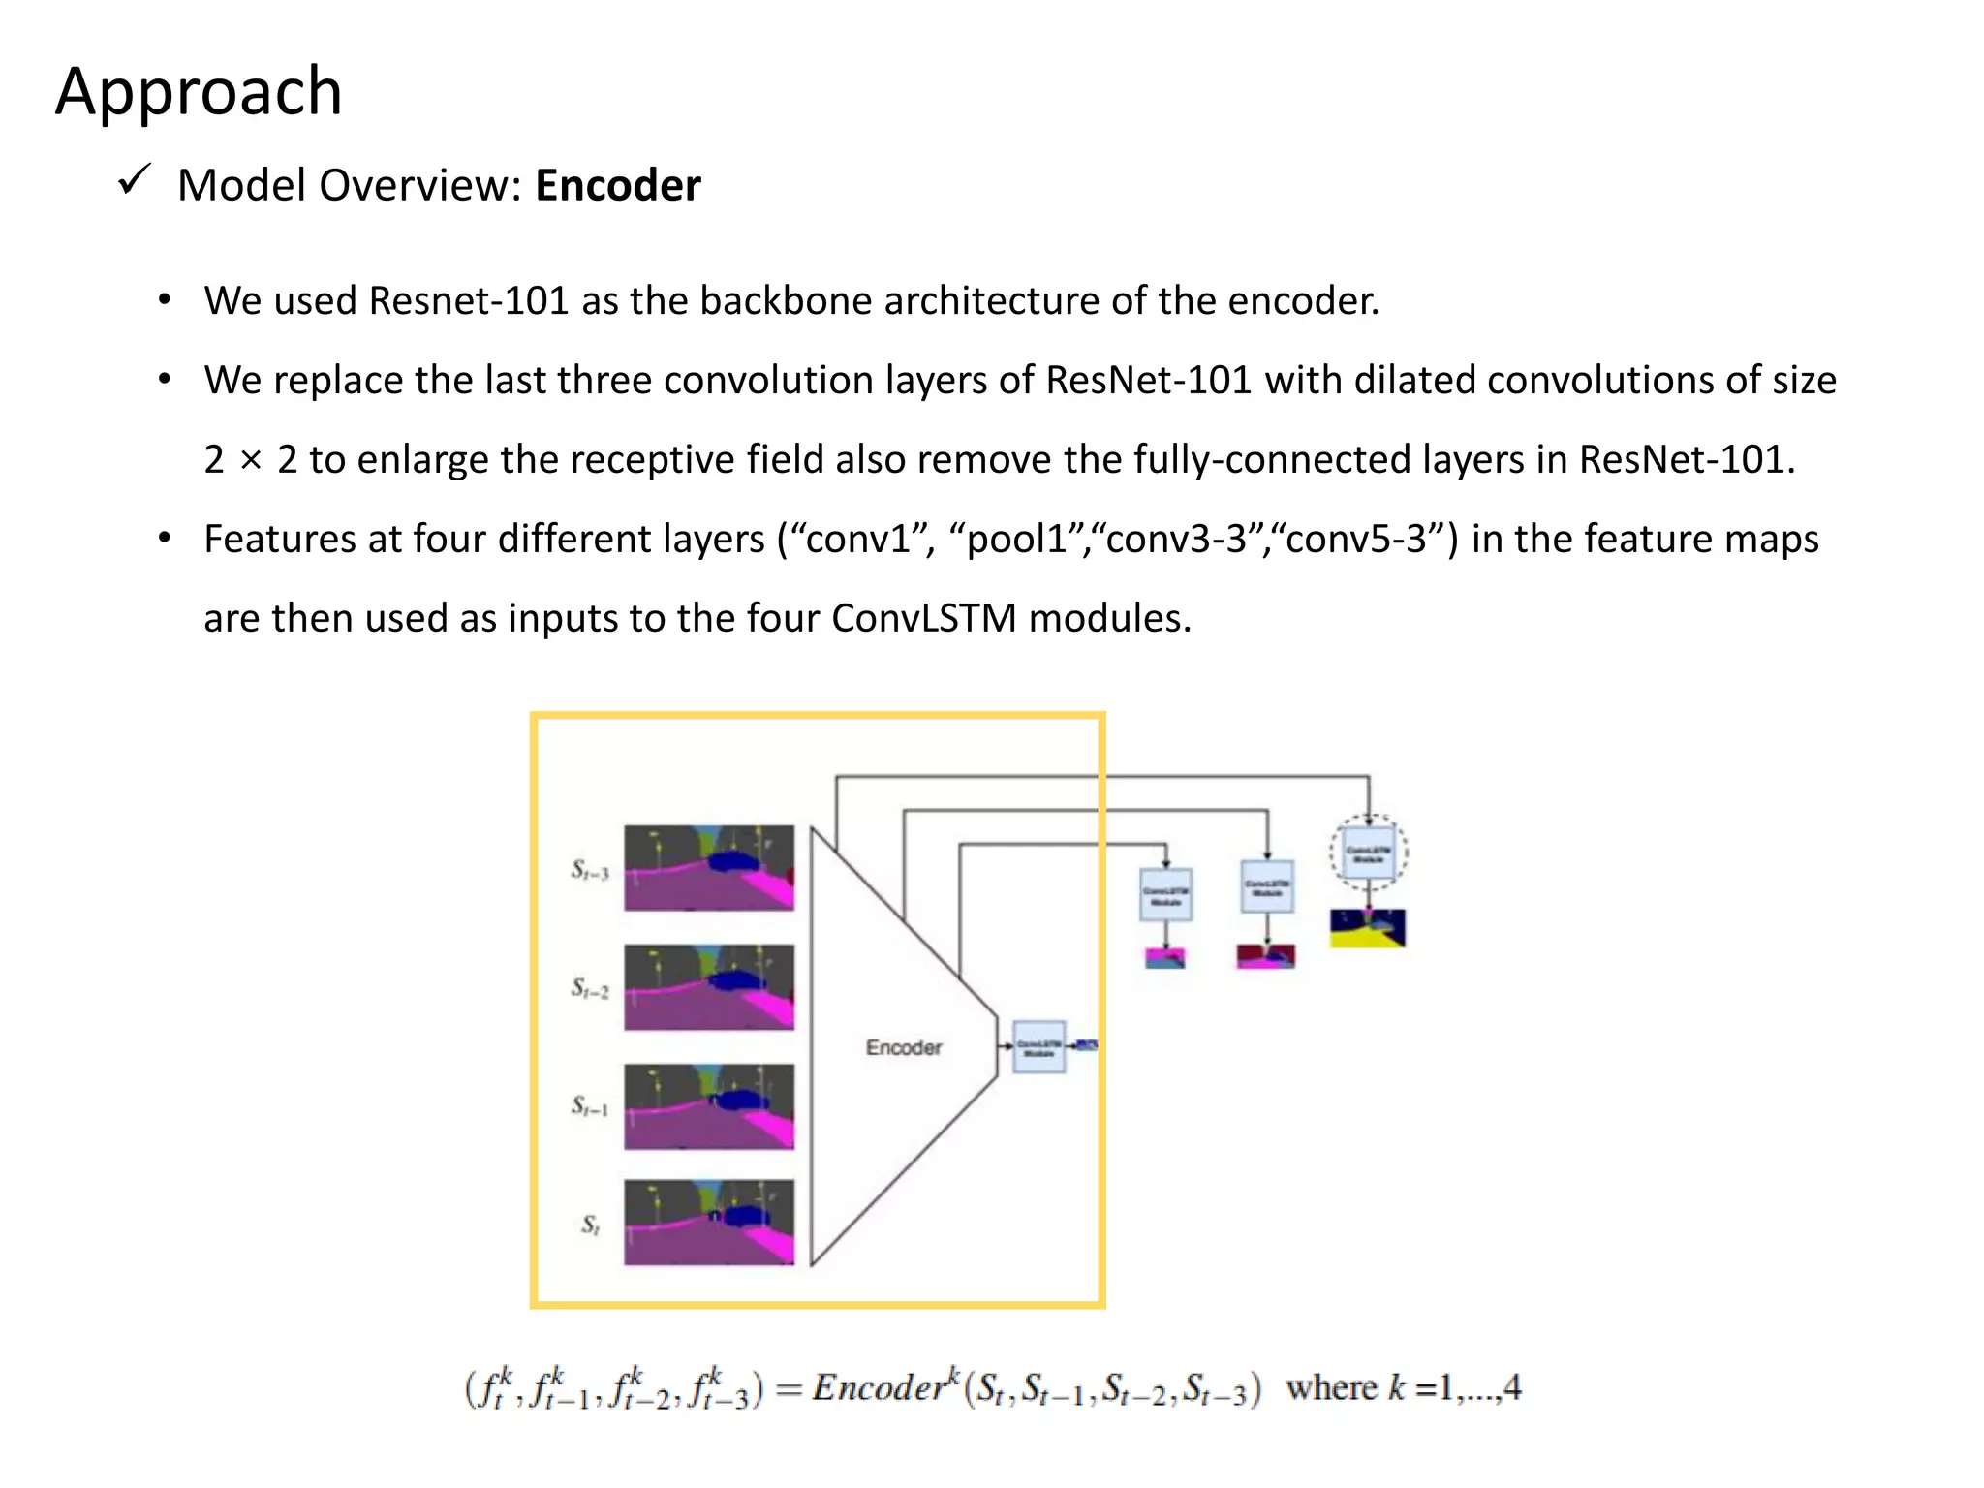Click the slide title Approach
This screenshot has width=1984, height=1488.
pyautogui.click(x=199, y=91)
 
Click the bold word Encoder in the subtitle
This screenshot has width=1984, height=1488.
pyautogui.click(x=617, y=185)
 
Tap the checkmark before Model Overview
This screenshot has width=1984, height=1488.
pyautogui.click(x=133, y=179)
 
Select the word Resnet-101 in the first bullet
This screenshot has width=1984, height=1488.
pyautogui.click(x=468, y=300)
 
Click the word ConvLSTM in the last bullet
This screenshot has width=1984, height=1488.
pyautogui.click(x=923, y=618)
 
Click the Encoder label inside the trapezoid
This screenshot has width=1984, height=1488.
pyautogui.click(x=903, y=1047)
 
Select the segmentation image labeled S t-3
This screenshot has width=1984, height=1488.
pyautogui.click(x=708, y=867)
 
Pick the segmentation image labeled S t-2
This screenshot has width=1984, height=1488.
pyautogui.click(x=708, y=986)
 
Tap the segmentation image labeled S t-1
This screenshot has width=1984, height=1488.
pyautogui.click(x=708, y=1106)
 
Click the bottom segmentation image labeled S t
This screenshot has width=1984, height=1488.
pyautogui.click(x=708, y=1222)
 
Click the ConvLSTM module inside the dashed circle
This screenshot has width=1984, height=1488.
pyautogui.click(x=1368, y=853)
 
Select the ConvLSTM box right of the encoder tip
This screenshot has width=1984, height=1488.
pyautogui.click(x=1038, y=1047)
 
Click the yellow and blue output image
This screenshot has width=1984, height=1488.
pyautogui.click(x=1367, y=928)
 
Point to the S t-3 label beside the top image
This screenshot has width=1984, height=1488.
pyautogui.click(x=589, y=870)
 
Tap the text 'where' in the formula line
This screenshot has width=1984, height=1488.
pyautogui.click(x=1331, y=1387)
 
